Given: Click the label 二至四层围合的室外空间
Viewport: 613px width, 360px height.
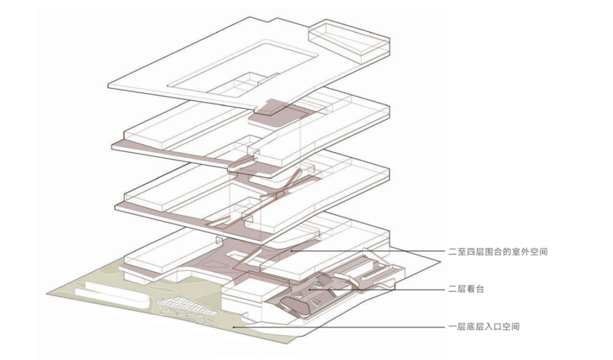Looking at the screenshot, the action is tap(497, 251).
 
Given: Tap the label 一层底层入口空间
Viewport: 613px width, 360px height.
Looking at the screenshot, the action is tap(484, 327).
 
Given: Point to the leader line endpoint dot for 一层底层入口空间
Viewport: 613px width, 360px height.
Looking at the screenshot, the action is tap(233, 327).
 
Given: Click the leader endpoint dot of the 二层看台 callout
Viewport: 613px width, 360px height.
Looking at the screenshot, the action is tap(310, 290).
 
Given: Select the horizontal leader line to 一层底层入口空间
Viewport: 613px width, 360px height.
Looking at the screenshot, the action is tap(341, 327).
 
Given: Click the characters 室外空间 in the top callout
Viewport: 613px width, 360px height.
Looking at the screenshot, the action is tap(532, 251).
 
